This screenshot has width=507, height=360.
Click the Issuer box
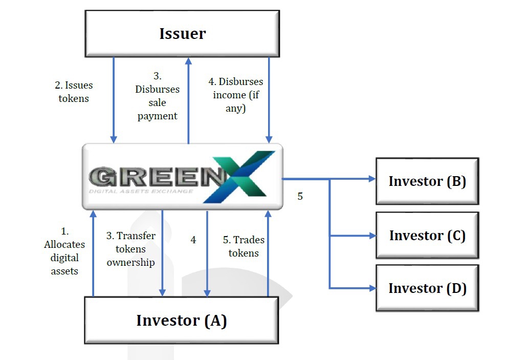[182, 34]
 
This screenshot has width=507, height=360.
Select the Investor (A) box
[181, 321]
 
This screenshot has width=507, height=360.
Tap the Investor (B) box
[427, 181]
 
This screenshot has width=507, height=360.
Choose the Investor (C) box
[427, 236]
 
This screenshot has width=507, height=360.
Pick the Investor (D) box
[427, 288]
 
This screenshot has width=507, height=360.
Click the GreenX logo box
[182, 177]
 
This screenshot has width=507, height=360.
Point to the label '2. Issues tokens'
[74, 92]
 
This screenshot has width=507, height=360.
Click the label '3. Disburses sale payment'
[157, 96]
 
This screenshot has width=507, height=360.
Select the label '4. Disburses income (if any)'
[235, 95]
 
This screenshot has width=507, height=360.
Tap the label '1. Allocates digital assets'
[64, 251]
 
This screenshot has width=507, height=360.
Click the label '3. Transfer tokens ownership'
[130, 249]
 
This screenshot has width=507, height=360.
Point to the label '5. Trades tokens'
[244, 246]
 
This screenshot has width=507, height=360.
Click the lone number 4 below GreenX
[193, 240]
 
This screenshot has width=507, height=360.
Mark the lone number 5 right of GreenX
[300, 196]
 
